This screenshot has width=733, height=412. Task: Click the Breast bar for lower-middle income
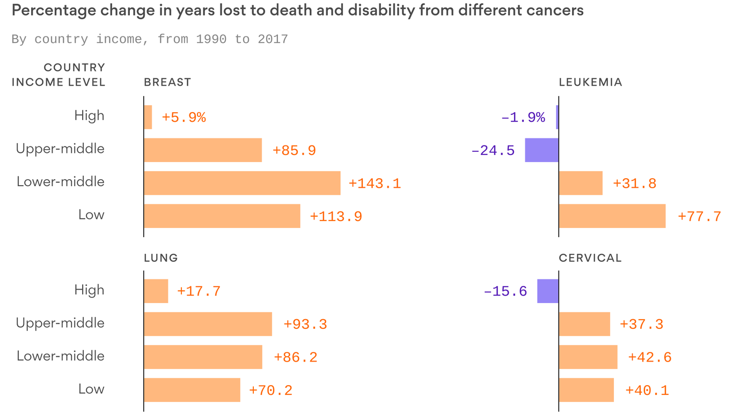(x=242, y=183)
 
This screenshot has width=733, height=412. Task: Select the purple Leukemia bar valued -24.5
(x=541, y=150)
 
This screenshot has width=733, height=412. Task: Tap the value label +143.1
(x=375, y=183)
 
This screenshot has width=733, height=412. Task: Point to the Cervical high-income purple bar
(x=548, y=291)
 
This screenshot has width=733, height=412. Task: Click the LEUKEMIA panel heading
(x=590, y=82)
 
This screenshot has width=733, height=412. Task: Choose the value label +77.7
(x=699, y=216)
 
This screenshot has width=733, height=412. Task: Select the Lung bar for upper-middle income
(x=208, y=324)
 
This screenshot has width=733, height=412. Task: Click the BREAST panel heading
(x=167, y=82)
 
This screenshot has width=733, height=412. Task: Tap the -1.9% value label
(x=523, y=117)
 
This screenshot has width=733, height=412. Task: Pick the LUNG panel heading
(x=161, y=258)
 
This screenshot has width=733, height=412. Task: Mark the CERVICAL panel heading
(x=590, y=258)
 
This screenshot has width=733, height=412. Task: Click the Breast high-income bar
(x=148, y=117)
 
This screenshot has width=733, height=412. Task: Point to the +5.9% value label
(x=184, y=117)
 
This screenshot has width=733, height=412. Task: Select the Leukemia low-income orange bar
(x=612, y=216)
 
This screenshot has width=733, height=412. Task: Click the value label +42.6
(x=650, y=357)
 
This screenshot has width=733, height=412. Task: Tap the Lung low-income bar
(x=192, y=390)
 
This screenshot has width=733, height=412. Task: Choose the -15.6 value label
(x=505, y=292)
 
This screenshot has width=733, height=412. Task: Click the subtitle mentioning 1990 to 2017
(x=150, y=39)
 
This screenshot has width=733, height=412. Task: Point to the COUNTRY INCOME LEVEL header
(x=58, y=75)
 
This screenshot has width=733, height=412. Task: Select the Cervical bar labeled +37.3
(x=584, y=324)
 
